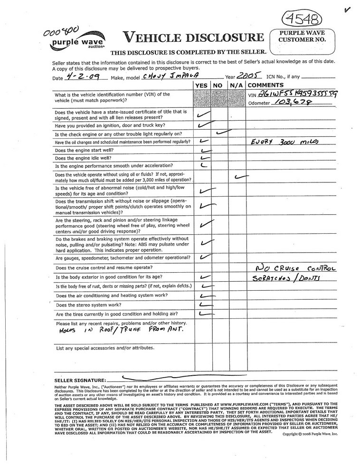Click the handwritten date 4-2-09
(x=77, y=76)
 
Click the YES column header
(x=202, y=85)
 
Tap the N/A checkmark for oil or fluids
(x=241, y=177)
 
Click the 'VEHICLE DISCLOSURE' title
(x=193, y=38)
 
